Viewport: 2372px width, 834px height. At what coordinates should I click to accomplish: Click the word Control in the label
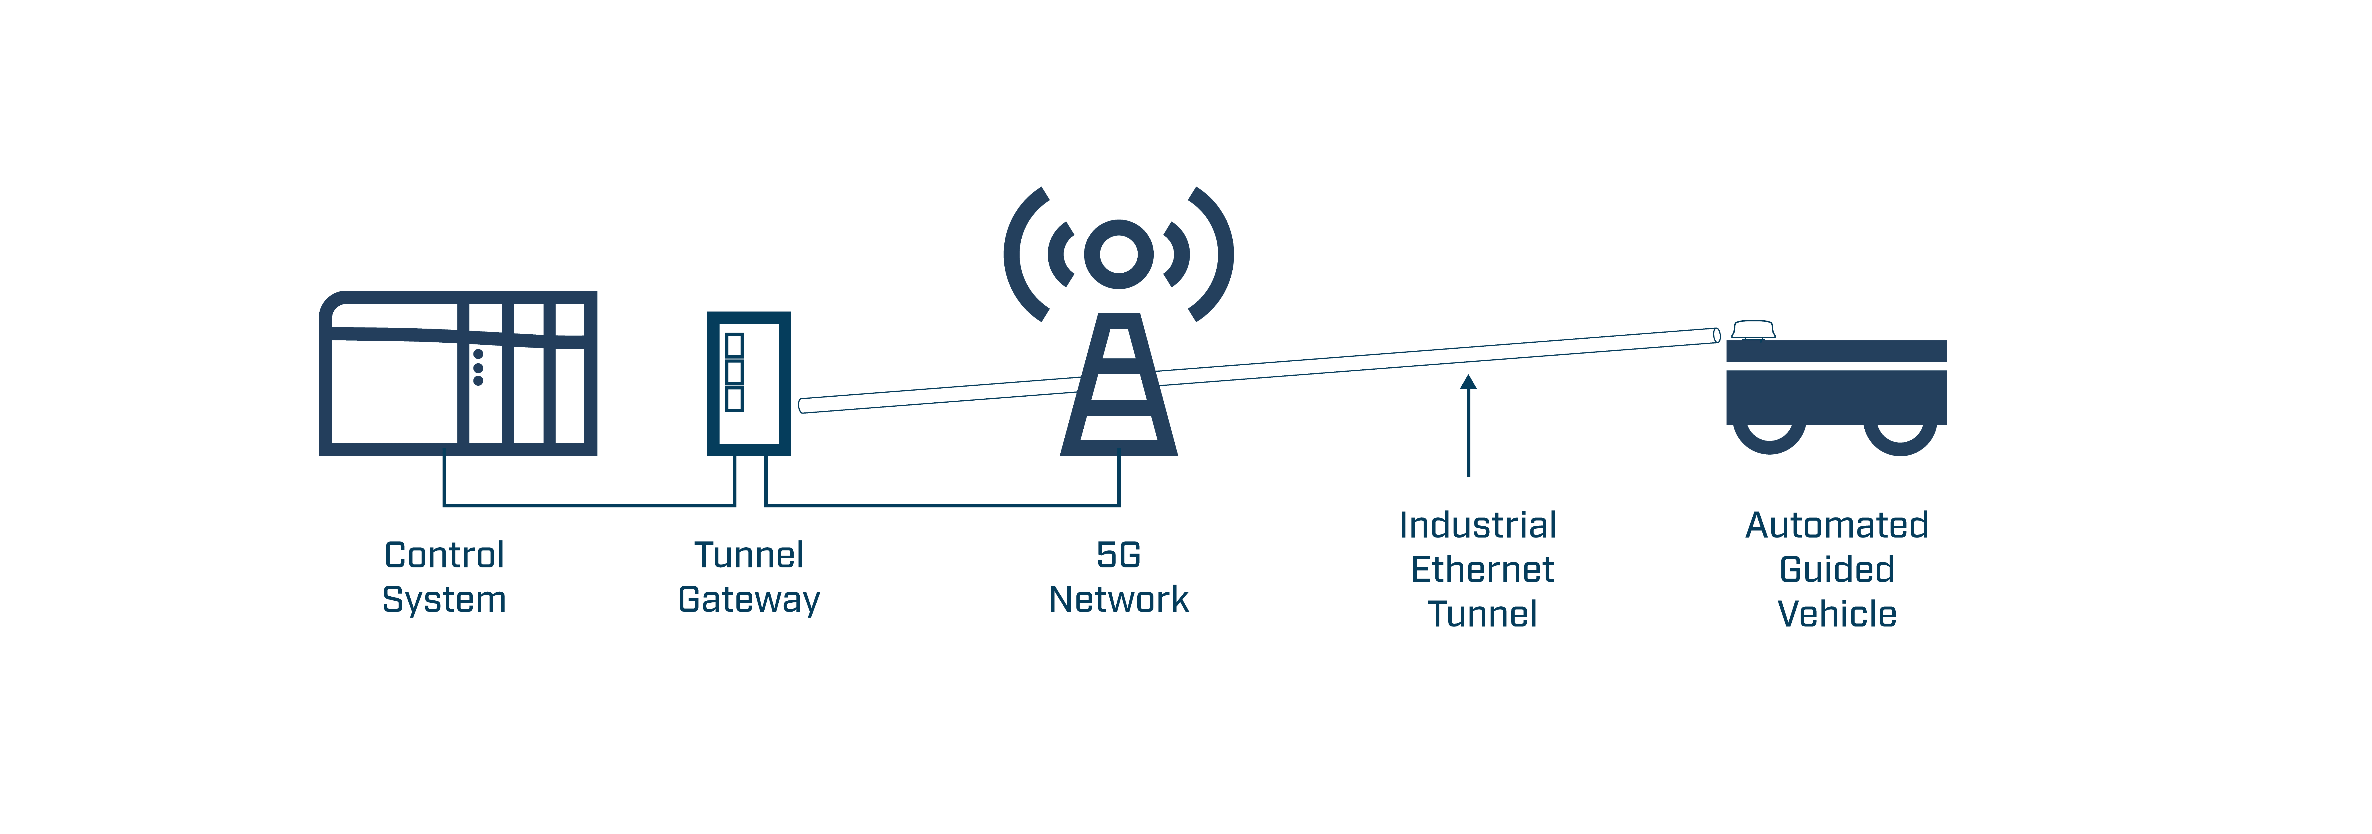pos(444,555)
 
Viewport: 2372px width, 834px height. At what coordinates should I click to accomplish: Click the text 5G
pos(1119,555)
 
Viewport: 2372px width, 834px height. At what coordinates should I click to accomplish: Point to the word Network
pos(1119,599)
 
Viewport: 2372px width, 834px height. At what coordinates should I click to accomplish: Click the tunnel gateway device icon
pos(749,383)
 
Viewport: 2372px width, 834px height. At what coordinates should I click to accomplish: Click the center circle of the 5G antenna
pos(1119,254)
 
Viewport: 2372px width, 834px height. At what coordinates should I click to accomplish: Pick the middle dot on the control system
pos(478,367)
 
